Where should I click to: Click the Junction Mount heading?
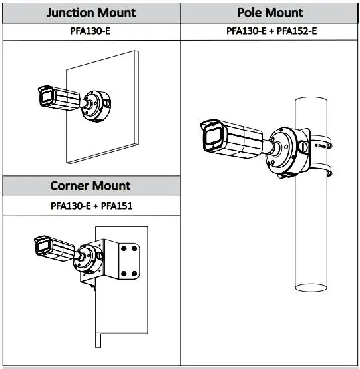tap(91, 13)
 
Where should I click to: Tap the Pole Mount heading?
tap(270, 13)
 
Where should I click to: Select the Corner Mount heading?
tap(90, 186)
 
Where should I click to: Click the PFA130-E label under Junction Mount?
tap(90, 31)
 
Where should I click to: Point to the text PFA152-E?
tap(297, 31)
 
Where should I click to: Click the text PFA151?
tap(117, 206)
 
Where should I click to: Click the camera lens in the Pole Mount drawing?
tap(213, 137)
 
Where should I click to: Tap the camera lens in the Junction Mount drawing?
tap(47, 97)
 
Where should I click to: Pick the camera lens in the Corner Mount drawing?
tap(43, 247)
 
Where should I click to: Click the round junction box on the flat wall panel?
tap(96, 106)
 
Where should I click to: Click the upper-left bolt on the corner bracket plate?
tap(124, 248)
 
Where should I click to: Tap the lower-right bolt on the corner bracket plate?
tap(134, 274)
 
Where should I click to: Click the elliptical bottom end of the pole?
tap(311, 288)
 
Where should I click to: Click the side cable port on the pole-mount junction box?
tap(303, 147)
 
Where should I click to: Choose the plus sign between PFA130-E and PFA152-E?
tap(271, 31)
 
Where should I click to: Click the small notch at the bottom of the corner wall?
tap(98, 340)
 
